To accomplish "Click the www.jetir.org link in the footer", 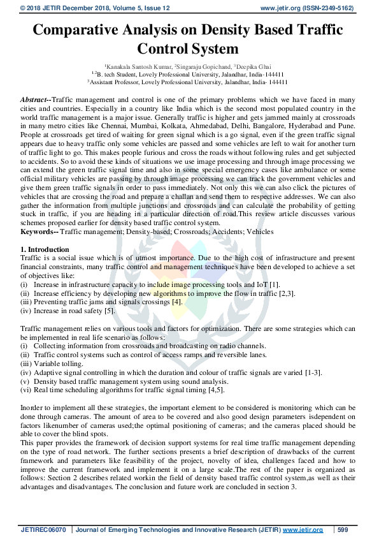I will [x=303, y=530].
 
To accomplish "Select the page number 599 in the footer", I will [x=342, y=530].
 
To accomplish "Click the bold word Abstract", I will [x=34, y=101].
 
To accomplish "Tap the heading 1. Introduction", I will [x=45, y=249].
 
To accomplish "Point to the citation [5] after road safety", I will [x=109, y=311].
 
